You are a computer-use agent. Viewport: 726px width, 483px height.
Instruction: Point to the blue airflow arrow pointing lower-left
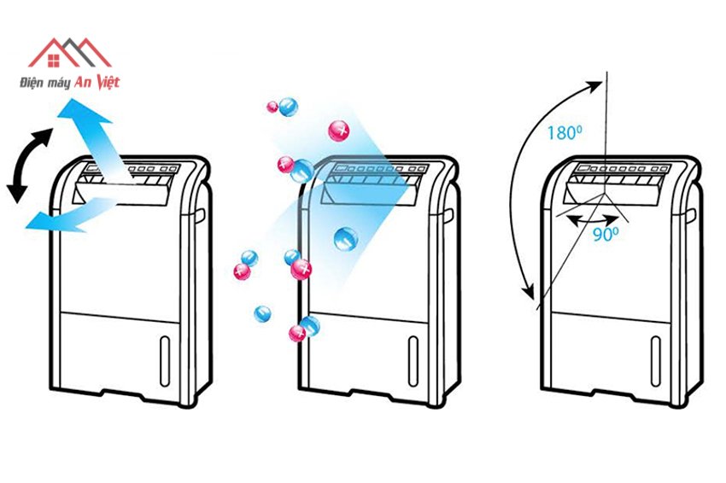(65, 215)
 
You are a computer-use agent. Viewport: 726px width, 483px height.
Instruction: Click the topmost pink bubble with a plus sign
(340, 130)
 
